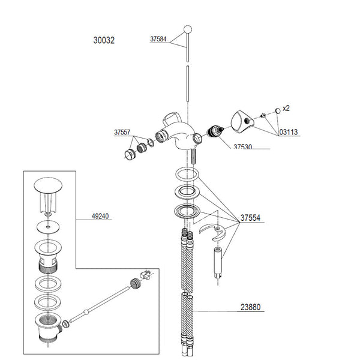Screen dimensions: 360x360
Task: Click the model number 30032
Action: click(104, 40)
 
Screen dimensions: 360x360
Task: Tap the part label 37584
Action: click(158, 39)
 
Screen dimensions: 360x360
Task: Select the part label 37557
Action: click(122, 132)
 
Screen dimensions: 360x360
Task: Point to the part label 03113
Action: click(289, 132)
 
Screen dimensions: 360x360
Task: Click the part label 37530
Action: click(242, 146)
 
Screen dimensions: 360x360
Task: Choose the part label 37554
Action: click(250, 218)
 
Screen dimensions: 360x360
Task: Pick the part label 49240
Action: click(100, 216)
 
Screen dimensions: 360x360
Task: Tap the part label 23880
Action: click(250, 307)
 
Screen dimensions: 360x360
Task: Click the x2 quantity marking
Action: click(286, 108)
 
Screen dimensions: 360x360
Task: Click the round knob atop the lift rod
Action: click(188, 29)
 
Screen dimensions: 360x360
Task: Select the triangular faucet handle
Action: click(242, 122)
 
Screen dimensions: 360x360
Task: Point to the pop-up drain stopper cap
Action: click(48, 185)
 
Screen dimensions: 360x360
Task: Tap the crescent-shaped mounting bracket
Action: click(212, 232)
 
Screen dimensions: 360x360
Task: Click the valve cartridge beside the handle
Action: click(214, 131)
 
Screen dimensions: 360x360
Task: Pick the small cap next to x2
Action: click(278, 111)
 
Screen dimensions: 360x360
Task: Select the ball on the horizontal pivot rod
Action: click(86, 312)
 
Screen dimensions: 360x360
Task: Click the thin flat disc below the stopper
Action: click(48, 227)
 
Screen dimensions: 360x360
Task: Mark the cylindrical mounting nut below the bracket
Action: click(218, 262)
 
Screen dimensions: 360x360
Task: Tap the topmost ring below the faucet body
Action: click(187, 174)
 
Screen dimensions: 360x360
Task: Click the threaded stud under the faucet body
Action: click(193, 156)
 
